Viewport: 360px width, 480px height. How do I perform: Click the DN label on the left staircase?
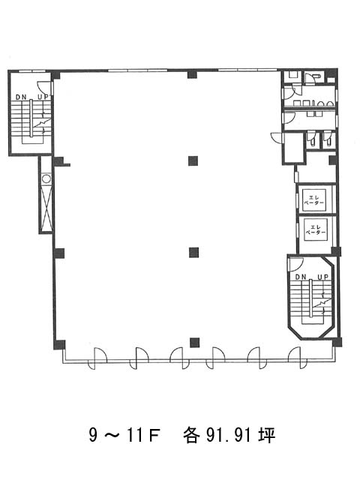[x=21, y=97]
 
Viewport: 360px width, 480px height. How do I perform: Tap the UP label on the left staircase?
[x=42, y=97]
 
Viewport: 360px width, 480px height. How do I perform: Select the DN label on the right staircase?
[x=301, y=277]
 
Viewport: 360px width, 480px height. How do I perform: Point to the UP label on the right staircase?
[x=322, y=277]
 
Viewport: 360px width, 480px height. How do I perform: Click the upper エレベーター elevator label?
[x=313, y=200]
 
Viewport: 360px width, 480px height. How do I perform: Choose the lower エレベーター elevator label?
[x=316, y=229]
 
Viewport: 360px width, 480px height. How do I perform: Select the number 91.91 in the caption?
[x=229, y=435]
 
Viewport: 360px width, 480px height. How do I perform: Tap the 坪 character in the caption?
[x=267, y=435]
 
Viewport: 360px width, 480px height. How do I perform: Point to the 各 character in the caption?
[x=191, y=435]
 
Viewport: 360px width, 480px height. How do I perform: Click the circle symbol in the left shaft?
[x=46, y=178]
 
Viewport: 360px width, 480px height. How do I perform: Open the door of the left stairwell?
[x=43, y=87]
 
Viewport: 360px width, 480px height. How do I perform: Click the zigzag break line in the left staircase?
[x=42, y=123]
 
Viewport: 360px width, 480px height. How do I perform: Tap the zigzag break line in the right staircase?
[x=322, y=303]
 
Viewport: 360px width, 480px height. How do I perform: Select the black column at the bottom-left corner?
[x=59, y=345]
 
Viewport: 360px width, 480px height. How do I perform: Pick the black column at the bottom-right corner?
[x=337, y=342]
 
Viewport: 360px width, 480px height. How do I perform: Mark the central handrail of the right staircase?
[x=310, y=298]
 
